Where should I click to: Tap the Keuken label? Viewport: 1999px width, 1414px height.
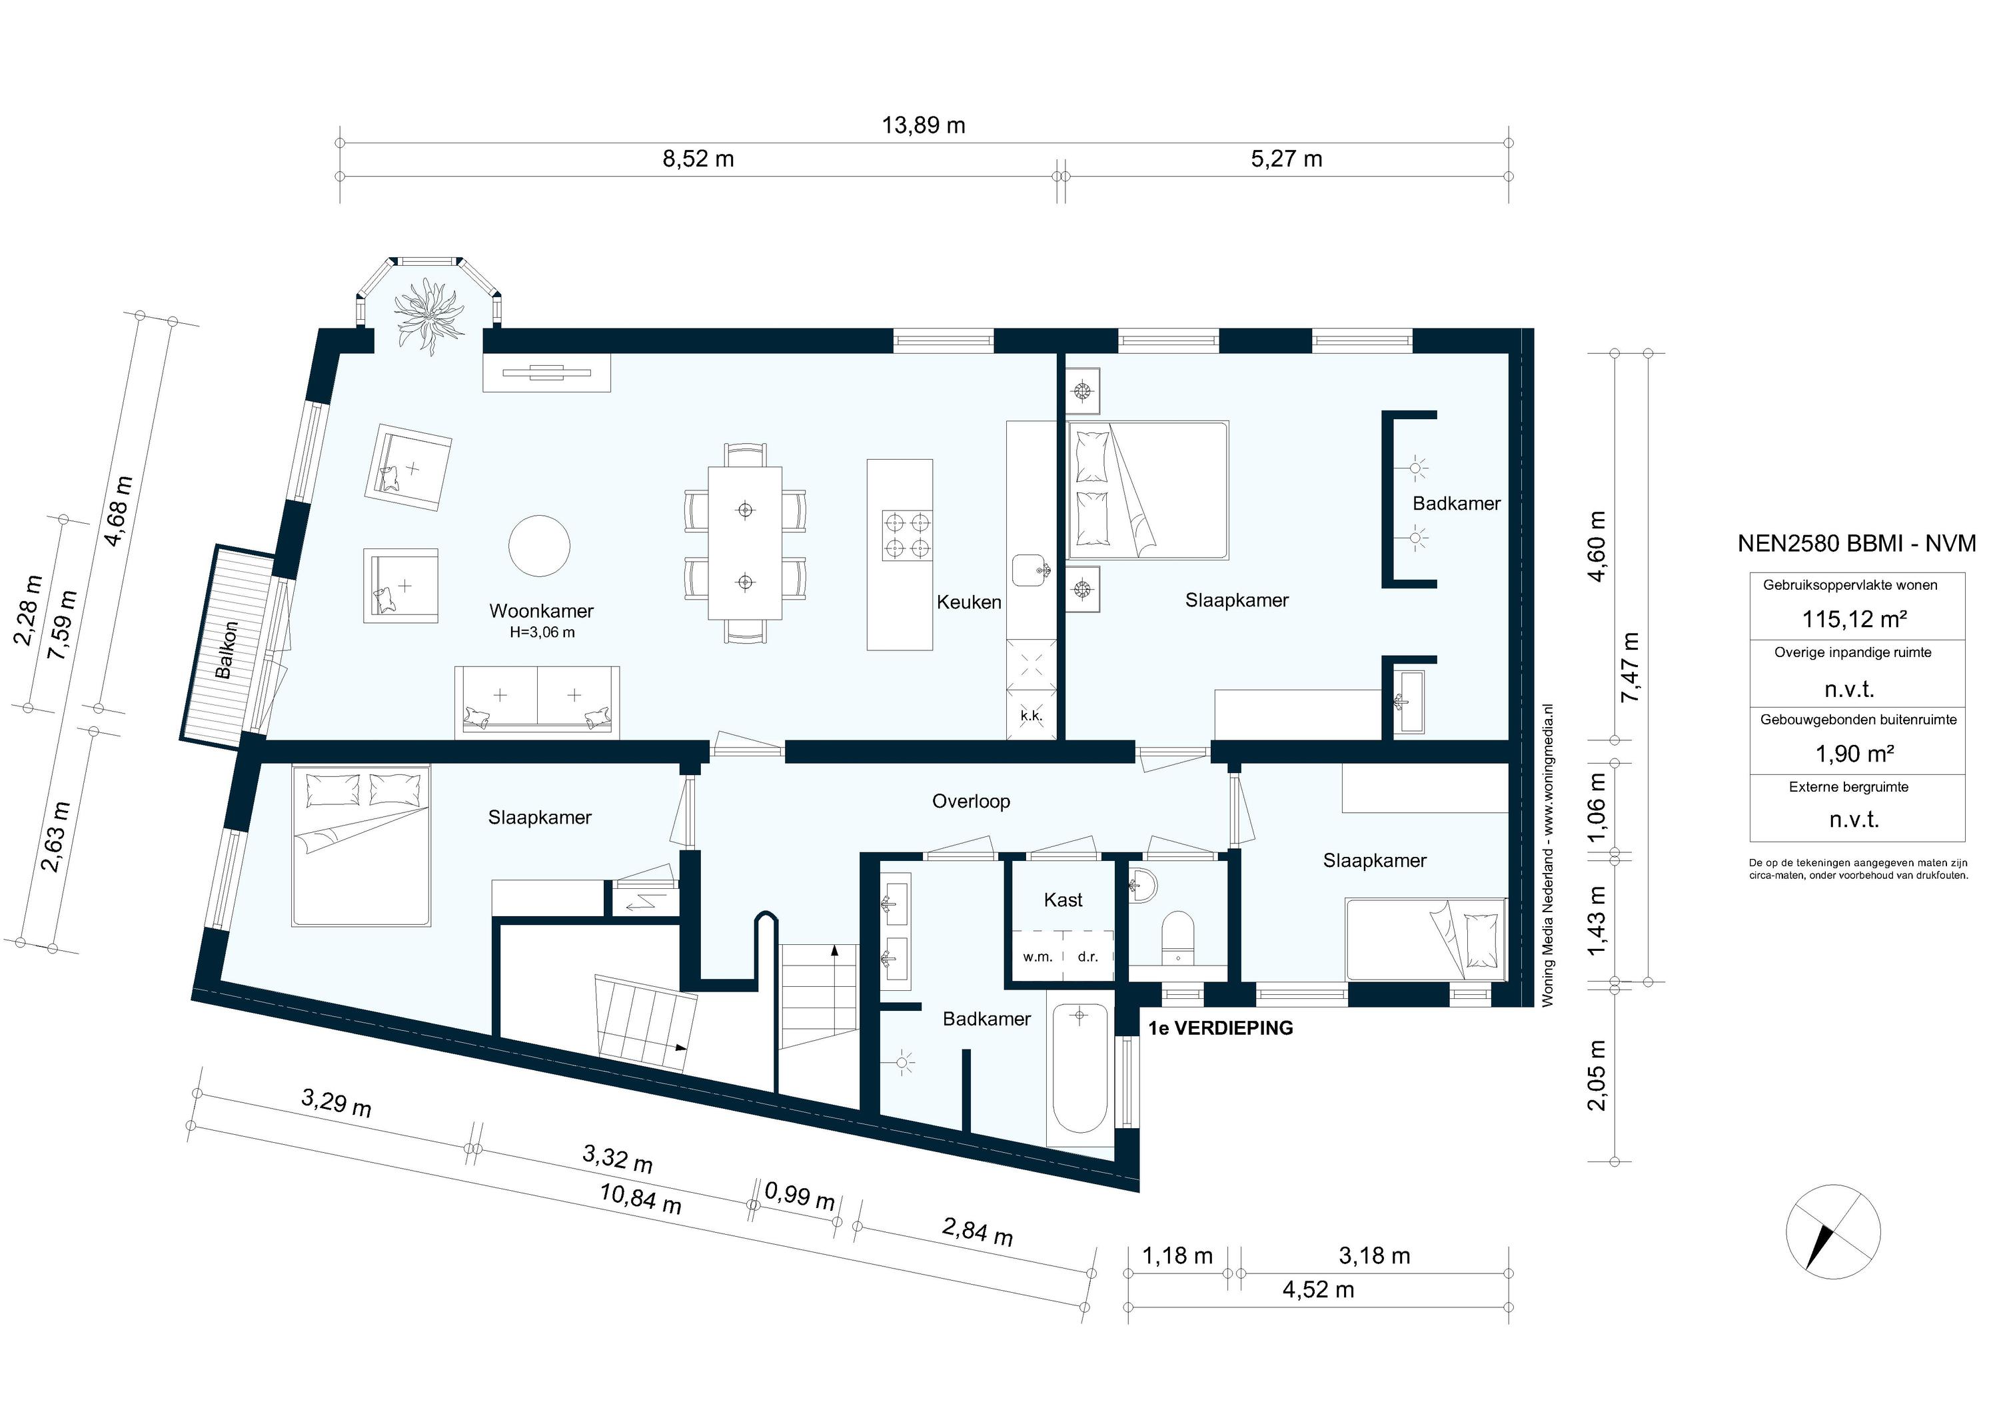[x=968, y=602]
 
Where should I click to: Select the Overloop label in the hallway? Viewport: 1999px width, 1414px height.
[x=971, y=801]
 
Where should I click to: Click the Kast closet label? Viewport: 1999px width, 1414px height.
[x=1063, y=900]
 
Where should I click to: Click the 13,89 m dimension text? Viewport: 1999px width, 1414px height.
[x=923, y=125]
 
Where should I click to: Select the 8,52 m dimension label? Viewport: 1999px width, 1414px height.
[x=698, y=159]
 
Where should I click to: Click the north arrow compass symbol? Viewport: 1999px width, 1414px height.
[x=1832, y=1231]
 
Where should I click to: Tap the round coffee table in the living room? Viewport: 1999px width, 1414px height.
[x=539, y=546]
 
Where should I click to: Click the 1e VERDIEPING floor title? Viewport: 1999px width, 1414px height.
[x=1220, y=1028]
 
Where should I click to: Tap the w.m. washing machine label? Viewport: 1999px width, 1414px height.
[x=1037, y=957]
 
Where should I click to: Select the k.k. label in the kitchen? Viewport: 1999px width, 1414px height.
[x=1031, y=716]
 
